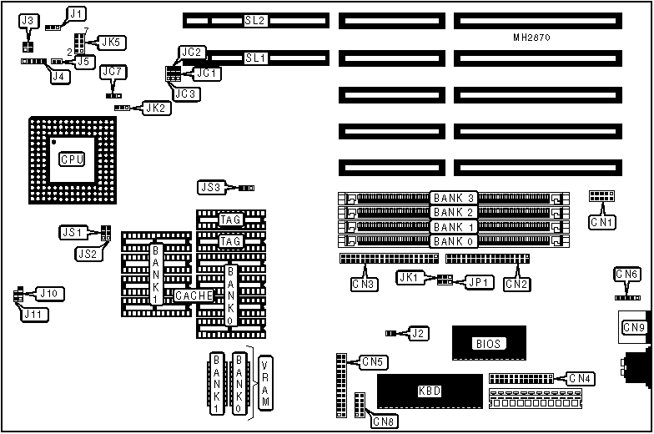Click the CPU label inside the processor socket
[x=72, y=159]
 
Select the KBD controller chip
[x=430, y=391]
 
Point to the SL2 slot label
[x=255, y=19]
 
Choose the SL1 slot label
[x=255, y=58]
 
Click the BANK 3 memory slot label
[x=454, y=198]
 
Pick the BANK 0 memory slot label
[x=454, y=241]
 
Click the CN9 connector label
[x=632, y=328]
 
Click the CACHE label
[x=194, y=295]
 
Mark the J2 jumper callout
[x=420, y=334]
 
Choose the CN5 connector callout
[x=373, y=362]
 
